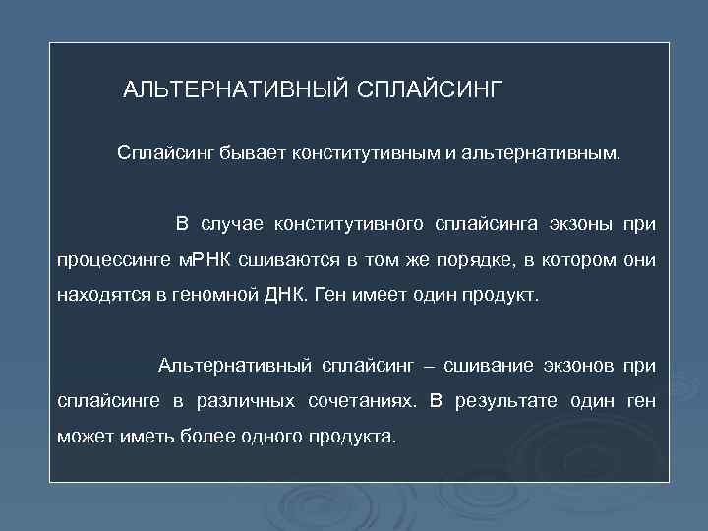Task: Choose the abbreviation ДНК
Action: [281, 294]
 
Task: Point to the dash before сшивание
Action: [426, 367]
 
